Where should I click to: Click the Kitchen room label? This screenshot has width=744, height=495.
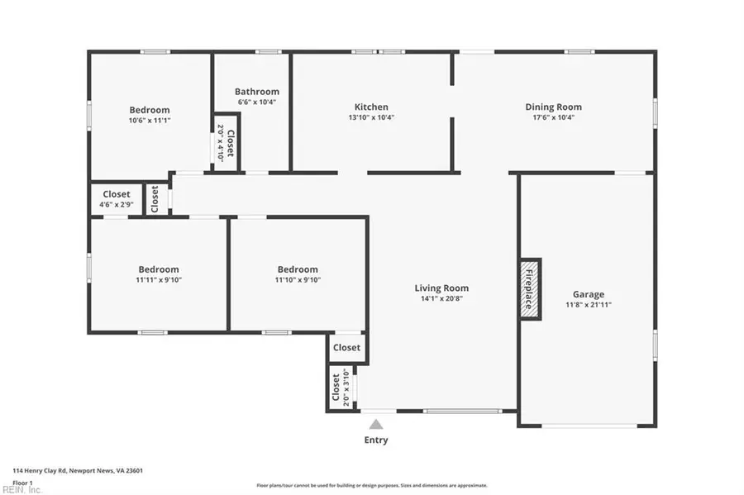371,107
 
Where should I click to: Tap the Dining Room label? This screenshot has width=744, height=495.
553,107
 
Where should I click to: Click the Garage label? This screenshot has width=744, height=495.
588,294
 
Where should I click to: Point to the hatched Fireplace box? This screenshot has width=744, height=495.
529,288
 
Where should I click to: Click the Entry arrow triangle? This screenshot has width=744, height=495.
376,424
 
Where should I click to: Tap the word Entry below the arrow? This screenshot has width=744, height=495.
376,440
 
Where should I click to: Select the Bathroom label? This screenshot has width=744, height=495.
256,92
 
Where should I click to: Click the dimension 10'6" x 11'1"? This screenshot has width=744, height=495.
150,121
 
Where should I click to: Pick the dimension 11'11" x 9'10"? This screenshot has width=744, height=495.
158,280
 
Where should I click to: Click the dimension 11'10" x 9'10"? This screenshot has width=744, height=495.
298,280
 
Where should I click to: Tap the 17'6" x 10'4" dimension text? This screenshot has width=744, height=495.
553,117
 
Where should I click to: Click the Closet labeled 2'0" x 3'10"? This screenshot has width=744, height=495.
336,388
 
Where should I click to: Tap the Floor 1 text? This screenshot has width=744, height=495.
22,483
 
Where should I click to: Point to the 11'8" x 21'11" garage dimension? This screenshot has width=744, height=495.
588,305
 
